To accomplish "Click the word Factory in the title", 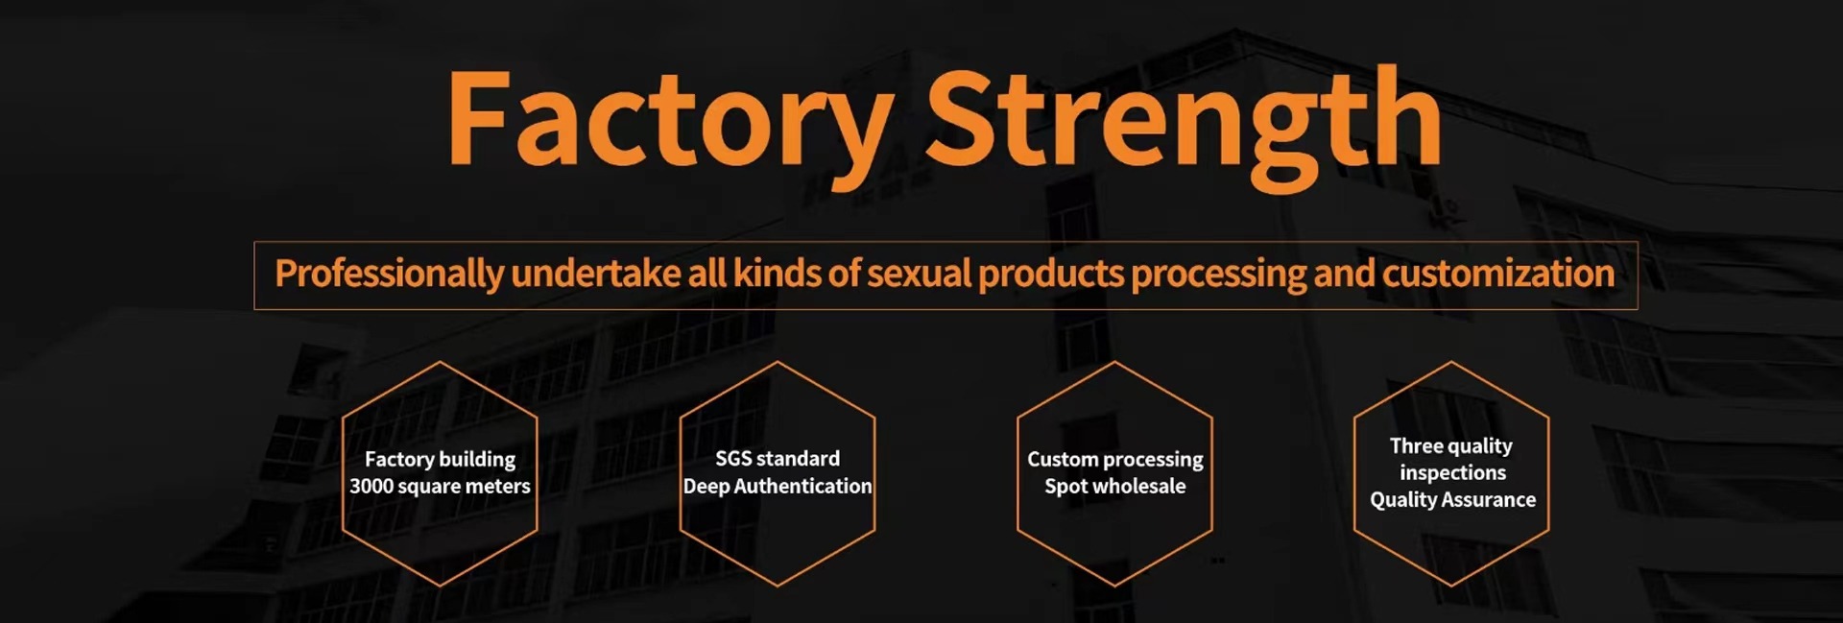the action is pyautogui.click(x=670, y=123).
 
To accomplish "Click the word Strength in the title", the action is pyautogui.click(x=1183, y=123).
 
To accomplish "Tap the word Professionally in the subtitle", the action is pyautogui.click(x=389, y=275).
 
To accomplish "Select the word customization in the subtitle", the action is pyautogui.click(x=1498, y=274).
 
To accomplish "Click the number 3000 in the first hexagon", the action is pyautogui.click(x=371, y=487).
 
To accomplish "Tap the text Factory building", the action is pyautogui.click(x=440, y=460).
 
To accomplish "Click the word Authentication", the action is pyautogui.click(x=802, y=487).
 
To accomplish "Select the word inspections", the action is pyautogui.click(x=1452, y=473).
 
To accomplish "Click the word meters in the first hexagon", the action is pyautogui.click(x=498, y=487).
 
